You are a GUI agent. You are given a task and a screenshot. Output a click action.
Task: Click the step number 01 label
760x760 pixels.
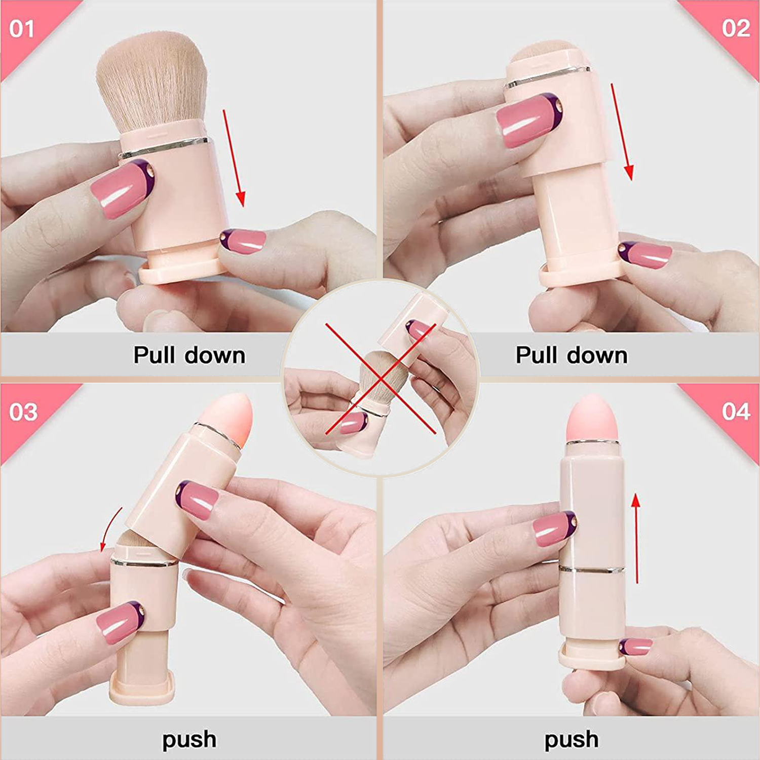(22, 29)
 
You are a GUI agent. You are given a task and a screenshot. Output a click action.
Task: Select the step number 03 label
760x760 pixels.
(23, 412)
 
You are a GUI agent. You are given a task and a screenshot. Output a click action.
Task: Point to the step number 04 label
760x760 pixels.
(736, 411)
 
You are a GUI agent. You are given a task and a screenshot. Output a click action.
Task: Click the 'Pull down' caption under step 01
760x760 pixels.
(189, 355)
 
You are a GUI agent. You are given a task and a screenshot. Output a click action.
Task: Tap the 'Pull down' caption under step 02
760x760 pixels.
(571, 355)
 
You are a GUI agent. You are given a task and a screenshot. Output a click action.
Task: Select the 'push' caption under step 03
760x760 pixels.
(189, 740)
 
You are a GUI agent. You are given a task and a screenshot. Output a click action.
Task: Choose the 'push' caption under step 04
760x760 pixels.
(571, 740)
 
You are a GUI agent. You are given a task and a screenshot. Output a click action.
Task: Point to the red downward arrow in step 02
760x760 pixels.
(621, 132)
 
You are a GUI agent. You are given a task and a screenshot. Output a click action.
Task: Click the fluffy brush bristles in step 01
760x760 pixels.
(152, 81)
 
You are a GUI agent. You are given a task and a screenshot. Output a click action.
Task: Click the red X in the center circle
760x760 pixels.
(381, 379)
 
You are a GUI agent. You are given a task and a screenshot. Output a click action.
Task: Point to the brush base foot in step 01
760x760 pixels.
(180, 272)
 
